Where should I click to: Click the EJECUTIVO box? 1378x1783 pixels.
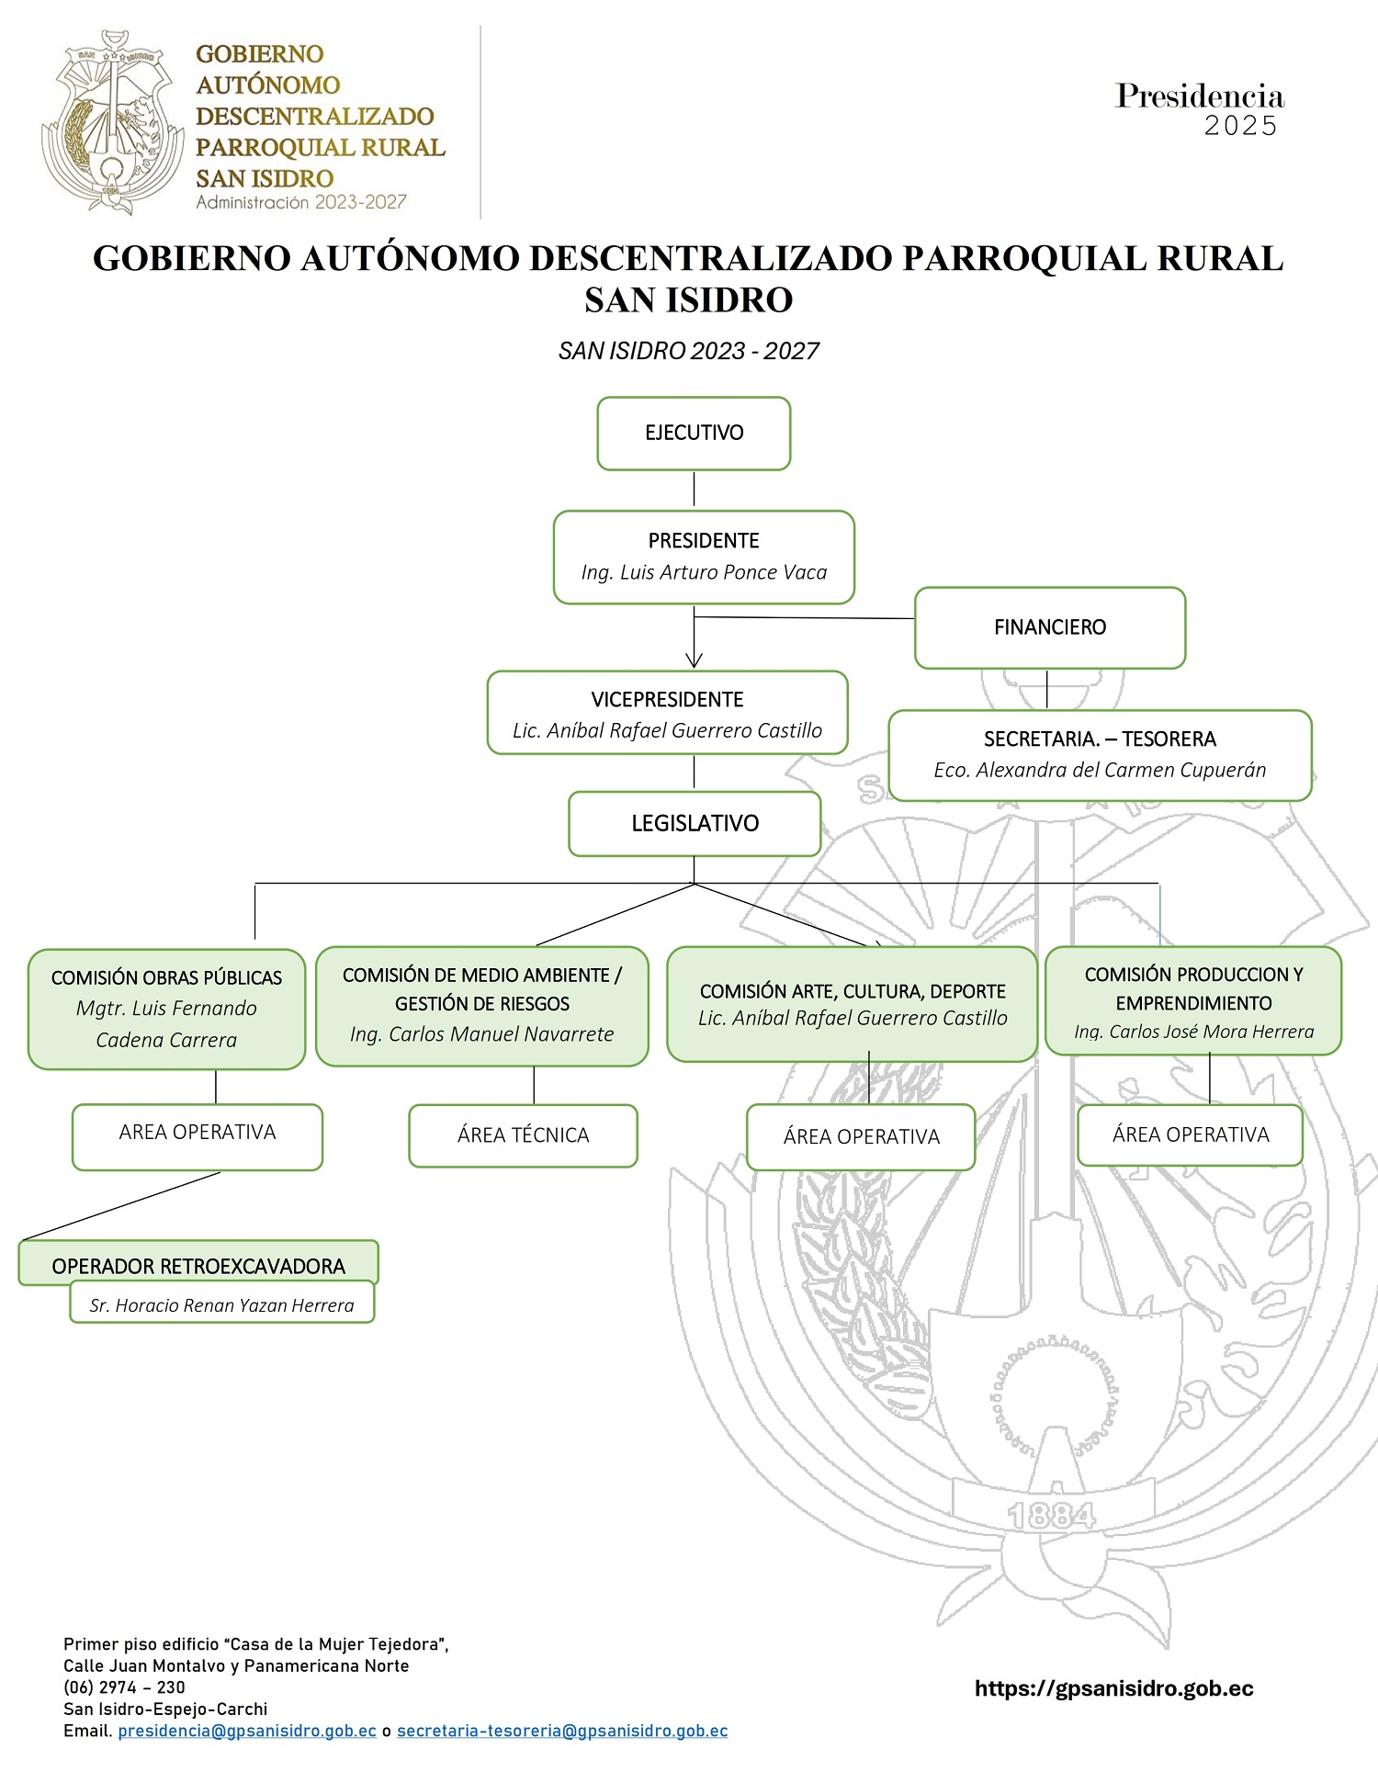(x=694, y=434)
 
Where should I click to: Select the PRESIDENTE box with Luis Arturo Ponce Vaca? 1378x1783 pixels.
(x=704, y=557)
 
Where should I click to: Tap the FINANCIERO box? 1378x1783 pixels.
(x=1050, y=627)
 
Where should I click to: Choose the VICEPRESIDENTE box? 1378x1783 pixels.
(x=667, y=714)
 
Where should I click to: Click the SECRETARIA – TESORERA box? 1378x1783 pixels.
(x=1100, y=754)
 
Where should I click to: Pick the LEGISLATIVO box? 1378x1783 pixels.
(x=695, y=823)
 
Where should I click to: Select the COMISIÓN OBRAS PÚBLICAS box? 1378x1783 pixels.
(x=166, y=1008)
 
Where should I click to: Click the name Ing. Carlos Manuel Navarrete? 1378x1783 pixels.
(x=481, y=1034)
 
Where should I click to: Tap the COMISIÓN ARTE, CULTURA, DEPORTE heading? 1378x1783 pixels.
(x=853, y=991)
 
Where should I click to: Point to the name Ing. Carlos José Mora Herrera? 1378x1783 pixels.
(x=1193, y=1032)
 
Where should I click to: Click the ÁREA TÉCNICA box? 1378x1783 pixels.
(x=523, y=1135)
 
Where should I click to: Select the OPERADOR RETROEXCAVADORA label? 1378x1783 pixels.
(x=198, y=1266)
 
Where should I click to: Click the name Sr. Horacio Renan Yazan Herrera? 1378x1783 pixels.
(x=221, y=1305)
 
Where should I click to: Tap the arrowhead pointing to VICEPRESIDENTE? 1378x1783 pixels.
(x=694, y=660)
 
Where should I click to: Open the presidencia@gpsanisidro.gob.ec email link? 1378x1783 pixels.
(x=247, y=1731)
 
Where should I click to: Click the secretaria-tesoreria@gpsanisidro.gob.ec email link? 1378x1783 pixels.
(x=562, y=1731)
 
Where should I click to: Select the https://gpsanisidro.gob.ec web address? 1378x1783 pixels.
(x=1113, y=1687)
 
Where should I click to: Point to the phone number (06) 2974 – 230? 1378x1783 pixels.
(x=124, y=1687)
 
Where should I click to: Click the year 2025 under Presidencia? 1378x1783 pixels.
(x=1240, y=126)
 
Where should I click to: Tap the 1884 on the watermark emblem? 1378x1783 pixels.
(x=1052, y=1516)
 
